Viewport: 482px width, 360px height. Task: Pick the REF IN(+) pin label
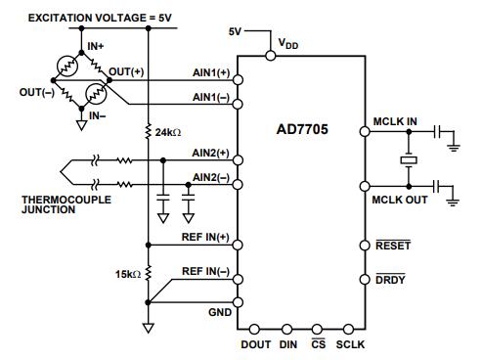(x=205, y=238)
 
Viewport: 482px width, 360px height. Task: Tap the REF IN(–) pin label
(x=205, y=271)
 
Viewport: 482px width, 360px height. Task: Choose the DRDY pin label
(x=390, y=281)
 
